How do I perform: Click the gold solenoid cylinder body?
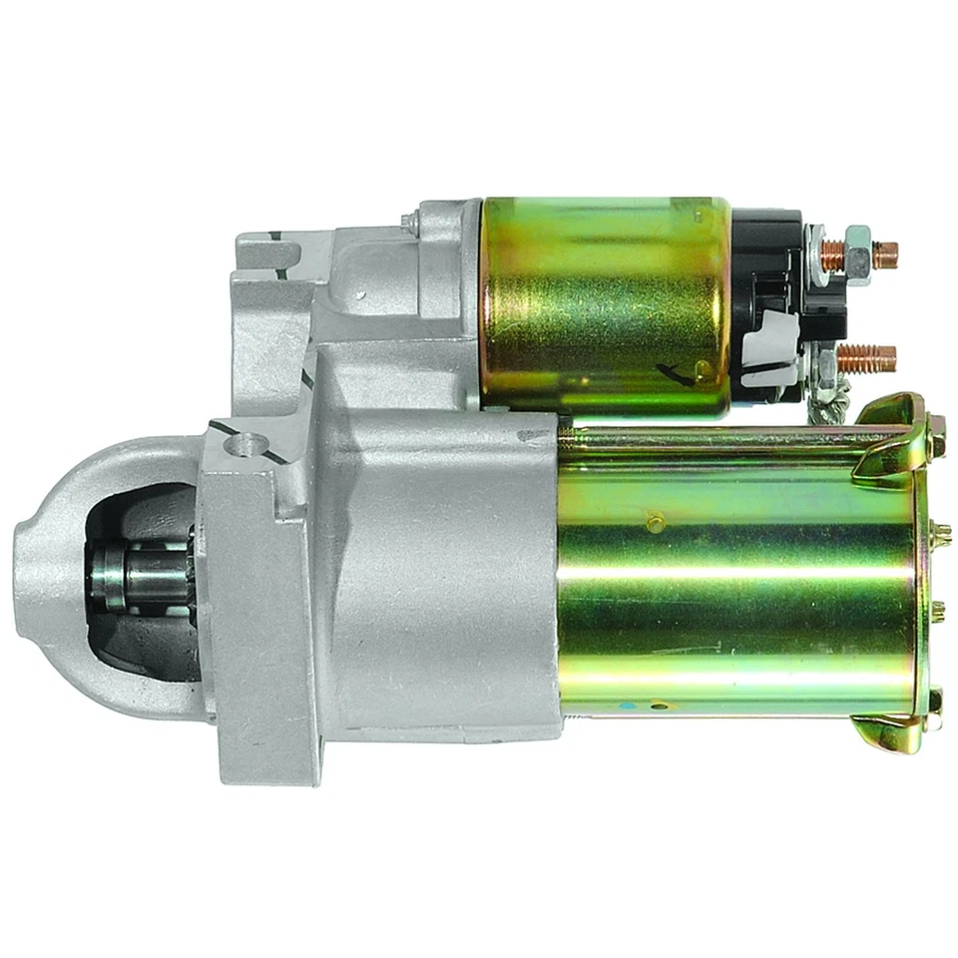click(604, 304)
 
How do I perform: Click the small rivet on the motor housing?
click(655, 522)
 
